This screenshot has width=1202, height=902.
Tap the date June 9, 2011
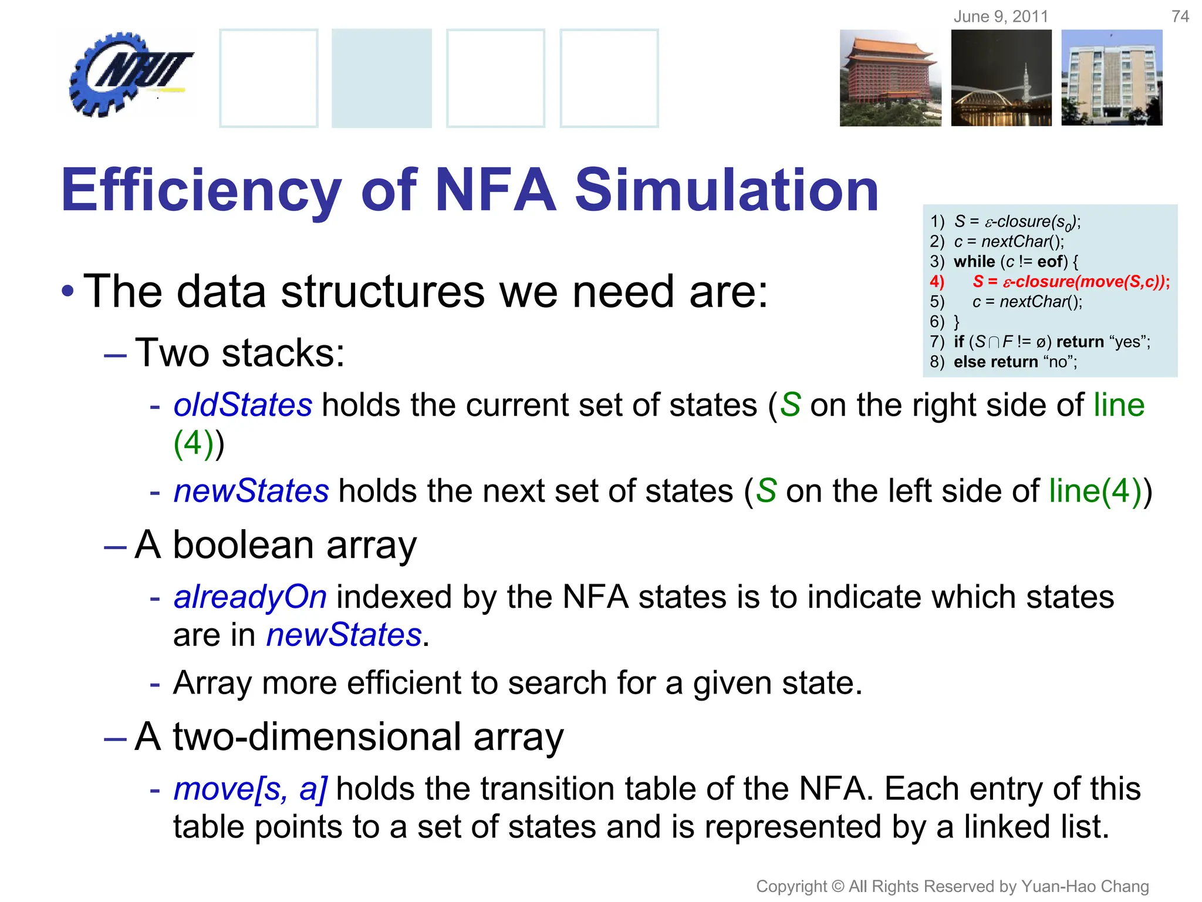(1001, 16)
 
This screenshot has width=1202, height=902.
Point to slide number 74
(1180, 16)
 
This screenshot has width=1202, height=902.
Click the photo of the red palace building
(890, 78)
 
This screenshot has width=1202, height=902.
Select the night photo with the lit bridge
(1001, 78)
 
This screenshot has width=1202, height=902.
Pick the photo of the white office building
(1112, 78)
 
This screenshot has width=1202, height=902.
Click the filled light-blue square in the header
(381, 78)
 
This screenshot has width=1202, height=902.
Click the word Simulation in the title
(727, 190)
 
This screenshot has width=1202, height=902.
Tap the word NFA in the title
(496, 190)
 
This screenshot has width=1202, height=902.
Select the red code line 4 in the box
(1049, 282)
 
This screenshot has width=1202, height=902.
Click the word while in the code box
(974, 261)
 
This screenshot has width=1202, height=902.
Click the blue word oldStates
(242, 405)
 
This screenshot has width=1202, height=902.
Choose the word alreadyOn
(250, 597)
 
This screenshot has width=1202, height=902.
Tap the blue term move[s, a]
(251, 789)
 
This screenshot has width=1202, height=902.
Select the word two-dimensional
(318, 736)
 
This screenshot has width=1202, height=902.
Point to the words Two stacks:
(239, 353)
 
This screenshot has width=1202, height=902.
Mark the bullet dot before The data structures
(68, 291)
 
